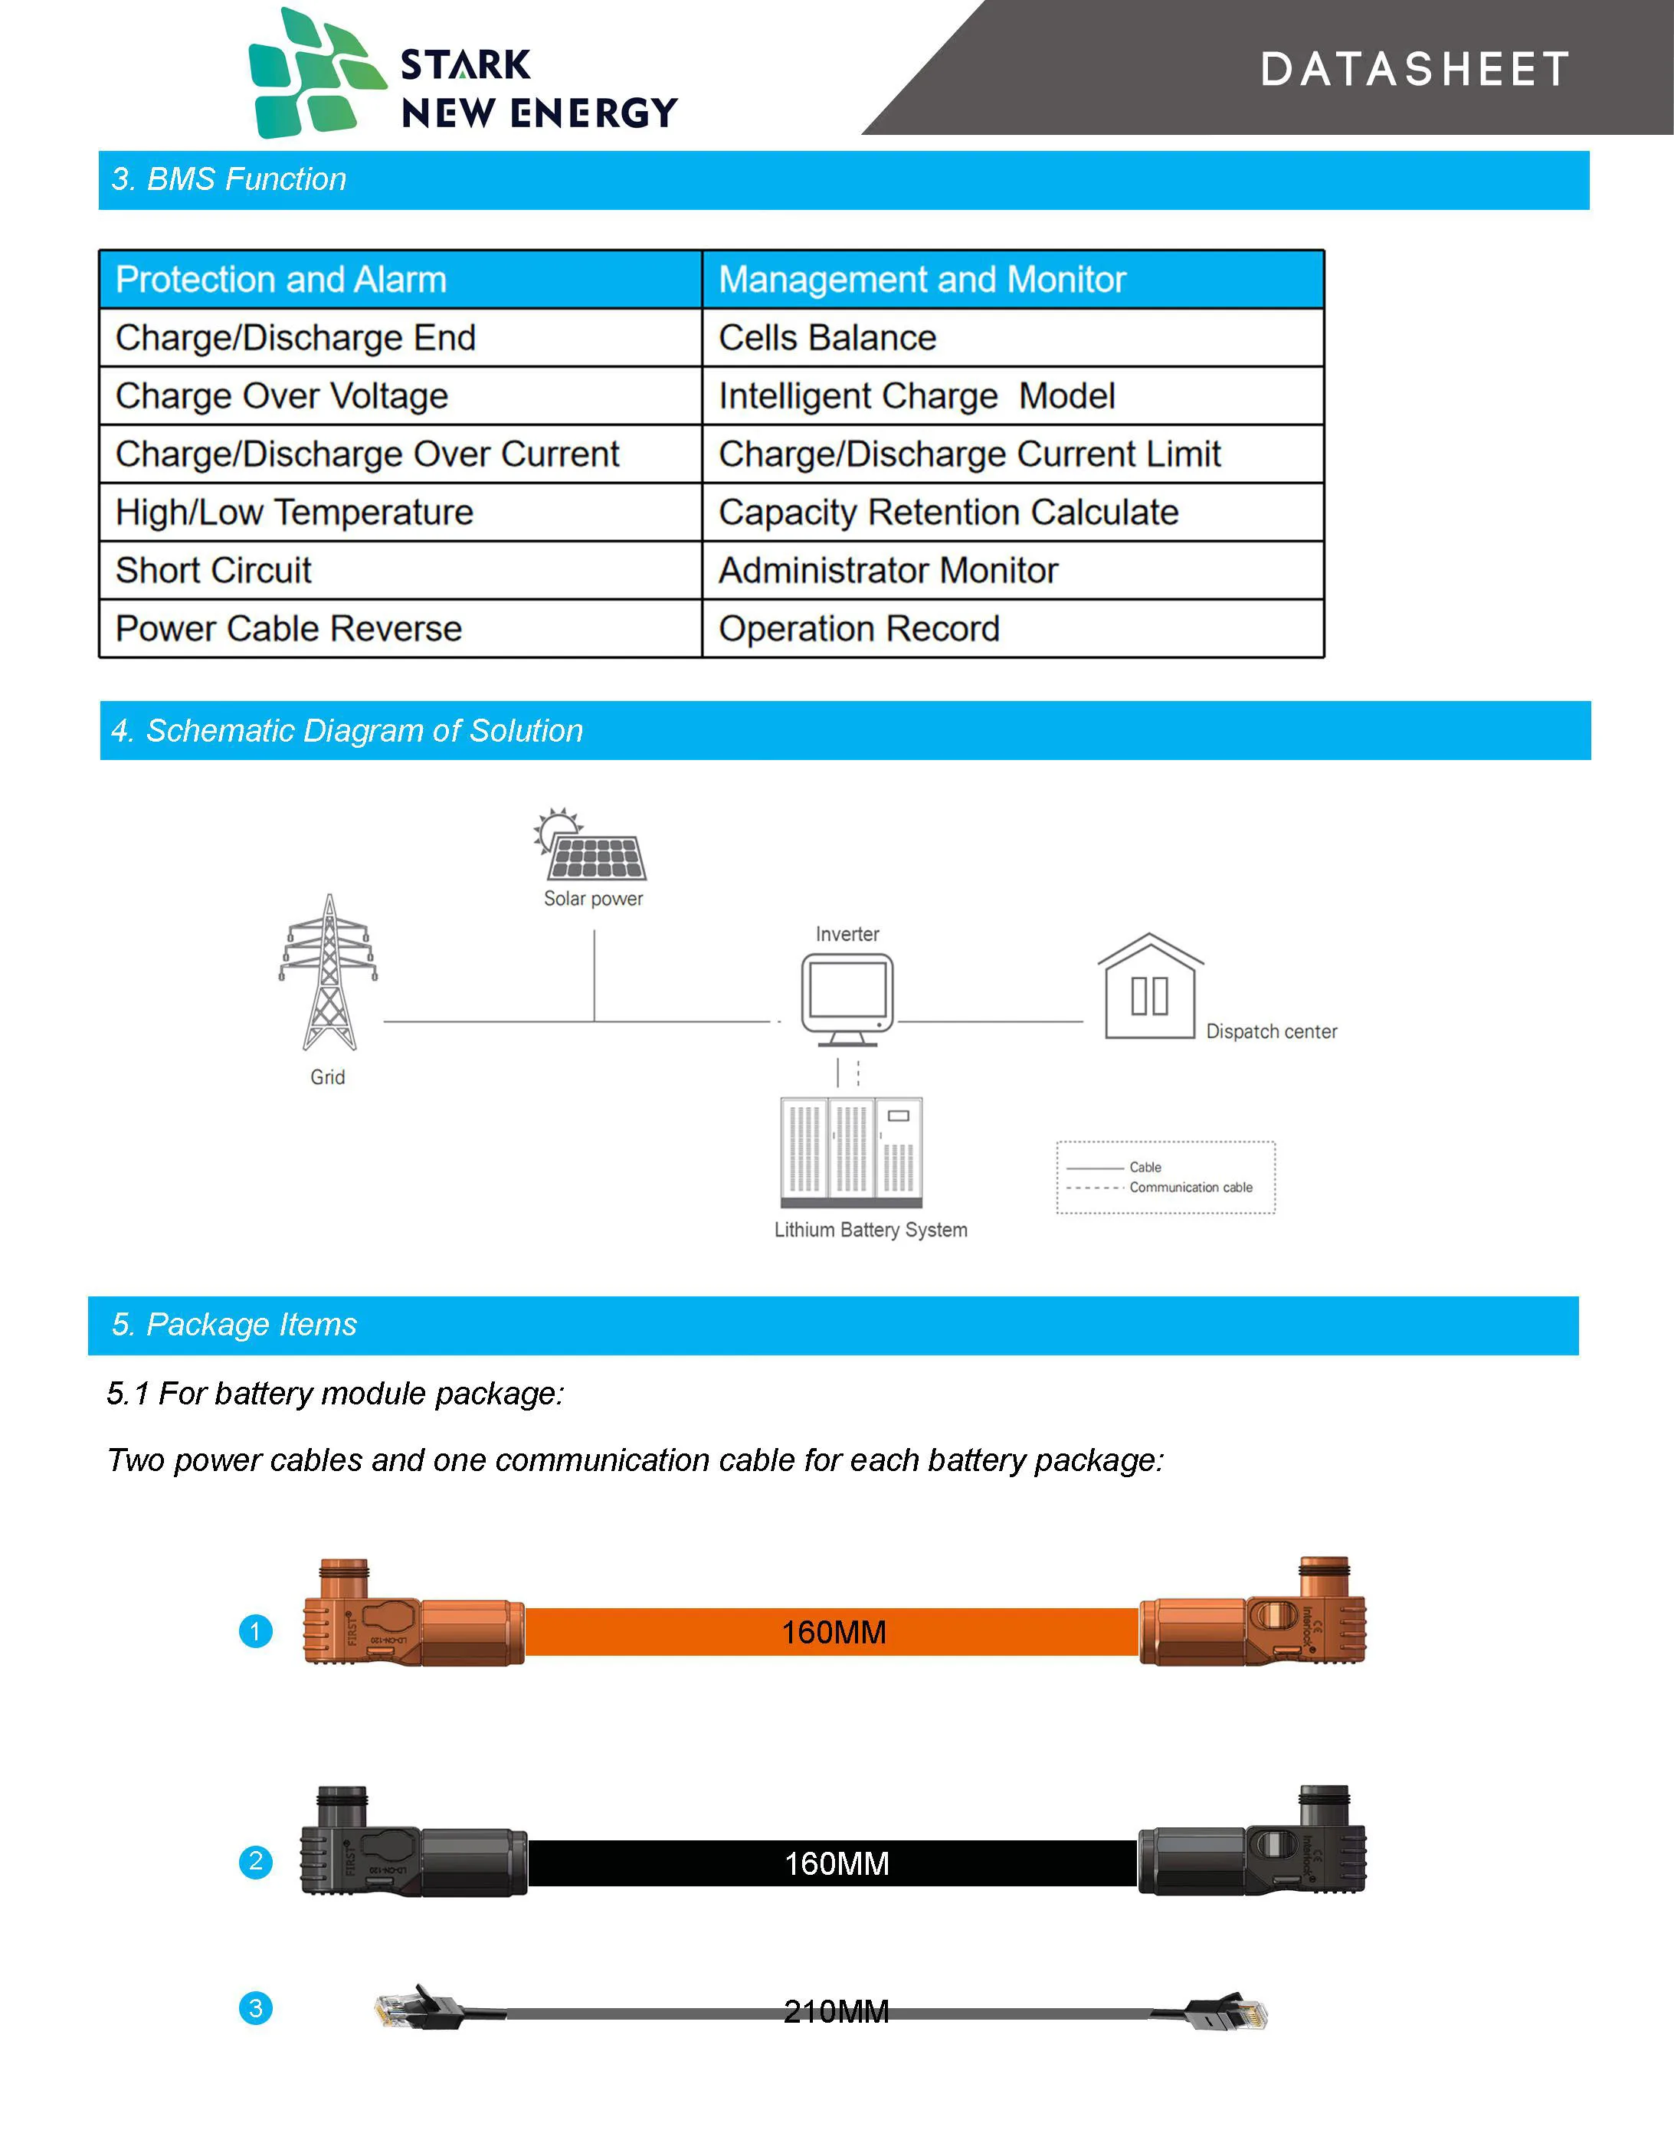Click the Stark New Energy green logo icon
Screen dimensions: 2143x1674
(x=316, y=74)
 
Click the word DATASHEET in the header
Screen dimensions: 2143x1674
(x=1414, y=70)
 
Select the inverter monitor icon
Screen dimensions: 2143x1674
(x=848, y=997)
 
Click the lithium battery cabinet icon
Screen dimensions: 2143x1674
(x=850, y=1151)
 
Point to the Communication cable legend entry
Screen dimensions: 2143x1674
(x=1191, y=1188)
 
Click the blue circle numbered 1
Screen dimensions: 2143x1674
(x=256, y=1632)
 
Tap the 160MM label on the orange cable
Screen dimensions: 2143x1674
(x=833, y=1632)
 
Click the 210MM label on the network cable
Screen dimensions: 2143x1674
(x=836, y=2011)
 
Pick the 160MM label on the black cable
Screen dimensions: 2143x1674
(x=836, y=1863)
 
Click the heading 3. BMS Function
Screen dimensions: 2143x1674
(x=228, y=179)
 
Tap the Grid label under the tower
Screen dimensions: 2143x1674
(x=328, y=1076)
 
